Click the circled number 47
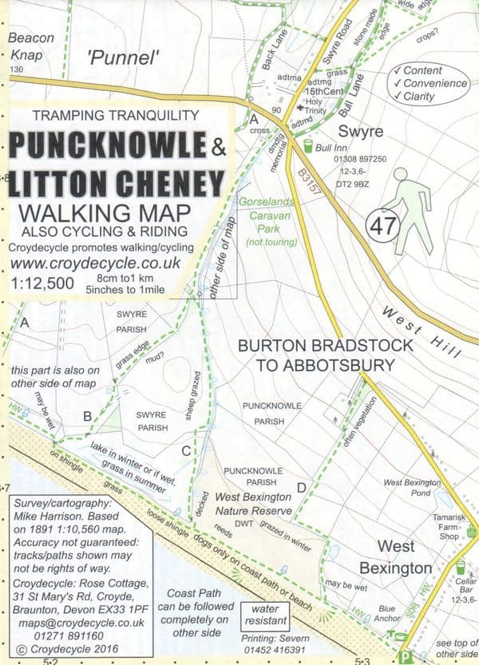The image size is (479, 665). (380, 227)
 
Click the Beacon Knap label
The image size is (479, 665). (31, 47)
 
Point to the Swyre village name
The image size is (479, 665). (361, 131)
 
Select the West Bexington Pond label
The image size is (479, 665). (412, 488)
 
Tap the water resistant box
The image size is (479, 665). (266, 620)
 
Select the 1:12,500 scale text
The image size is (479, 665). (44, 283)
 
